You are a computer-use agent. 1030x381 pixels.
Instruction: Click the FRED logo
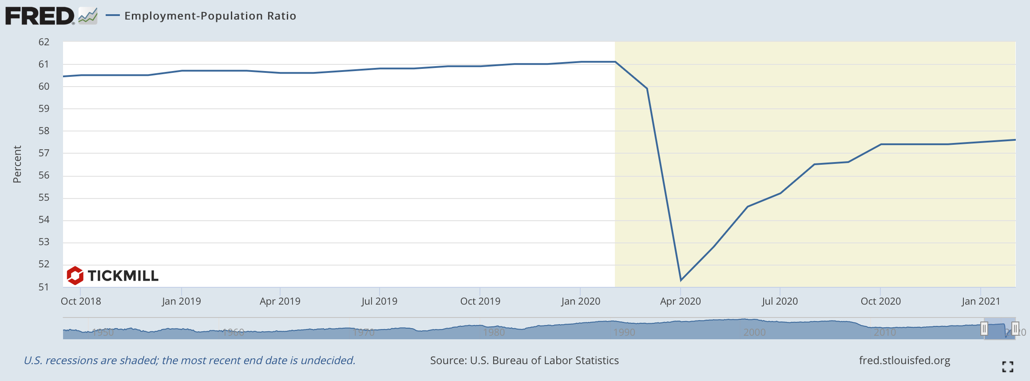(x=40, y=16)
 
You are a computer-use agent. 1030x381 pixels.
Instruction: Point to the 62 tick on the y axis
(x=44, y=42)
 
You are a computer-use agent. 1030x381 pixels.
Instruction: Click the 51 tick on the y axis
(x=44, y=287)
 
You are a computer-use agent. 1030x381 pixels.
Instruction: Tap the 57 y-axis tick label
(x=44, y=153)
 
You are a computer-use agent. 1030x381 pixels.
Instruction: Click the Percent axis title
(x=17, y=164)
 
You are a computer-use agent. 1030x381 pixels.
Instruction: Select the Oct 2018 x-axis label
(x=81, y=301)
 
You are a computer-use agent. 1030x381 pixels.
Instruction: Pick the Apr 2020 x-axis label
(x=680, y=301)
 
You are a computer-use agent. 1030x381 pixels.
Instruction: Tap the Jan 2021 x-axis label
(x=981, y=301)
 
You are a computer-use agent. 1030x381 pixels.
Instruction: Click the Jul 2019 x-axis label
(x=379, y=301)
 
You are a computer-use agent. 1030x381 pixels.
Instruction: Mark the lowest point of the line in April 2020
(x=681, y=280)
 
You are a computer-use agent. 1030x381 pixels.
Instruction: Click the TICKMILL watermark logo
(x=112, y=276)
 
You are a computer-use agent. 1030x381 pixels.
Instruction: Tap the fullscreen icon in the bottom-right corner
(x=1007, y=366)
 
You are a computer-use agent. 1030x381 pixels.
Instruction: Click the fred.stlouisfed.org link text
(x=904, y=360)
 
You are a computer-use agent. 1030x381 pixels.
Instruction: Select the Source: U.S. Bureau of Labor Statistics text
(x=524, y=360)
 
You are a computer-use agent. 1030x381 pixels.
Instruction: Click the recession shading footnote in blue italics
(x=190, y=360)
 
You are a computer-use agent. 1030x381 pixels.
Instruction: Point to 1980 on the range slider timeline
(x=494, y=332)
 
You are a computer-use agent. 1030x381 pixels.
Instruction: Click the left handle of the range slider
(x=984, y=329)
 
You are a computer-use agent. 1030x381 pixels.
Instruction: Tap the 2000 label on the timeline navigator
(x=754, y=332)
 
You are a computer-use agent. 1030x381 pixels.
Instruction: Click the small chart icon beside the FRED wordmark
(x=88, y=16)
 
